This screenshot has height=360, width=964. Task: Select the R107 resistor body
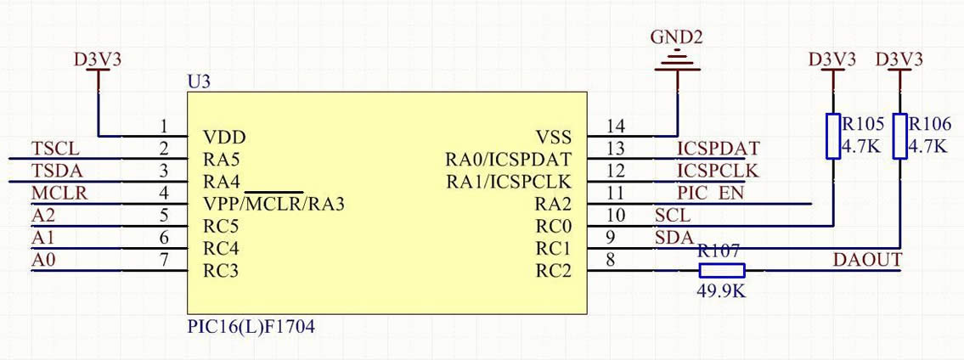[722, 271]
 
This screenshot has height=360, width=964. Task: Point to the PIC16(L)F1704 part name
[251, 326]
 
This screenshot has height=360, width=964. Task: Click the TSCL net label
[55, 149]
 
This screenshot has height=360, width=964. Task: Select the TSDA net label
[56, 171]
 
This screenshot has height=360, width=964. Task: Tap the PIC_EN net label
[710, 194]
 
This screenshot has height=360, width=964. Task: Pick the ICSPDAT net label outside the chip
[718, 149]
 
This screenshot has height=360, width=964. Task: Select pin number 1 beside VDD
[164, 127]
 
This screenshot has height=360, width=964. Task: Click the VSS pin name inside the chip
[554, 137]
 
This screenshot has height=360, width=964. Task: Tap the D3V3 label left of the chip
[98, 60]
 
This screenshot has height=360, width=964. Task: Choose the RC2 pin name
[554, 271]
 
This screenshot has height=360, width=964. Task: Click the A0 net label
[43, 261]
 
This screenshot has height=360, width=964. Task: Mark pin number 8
[610, 261]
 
